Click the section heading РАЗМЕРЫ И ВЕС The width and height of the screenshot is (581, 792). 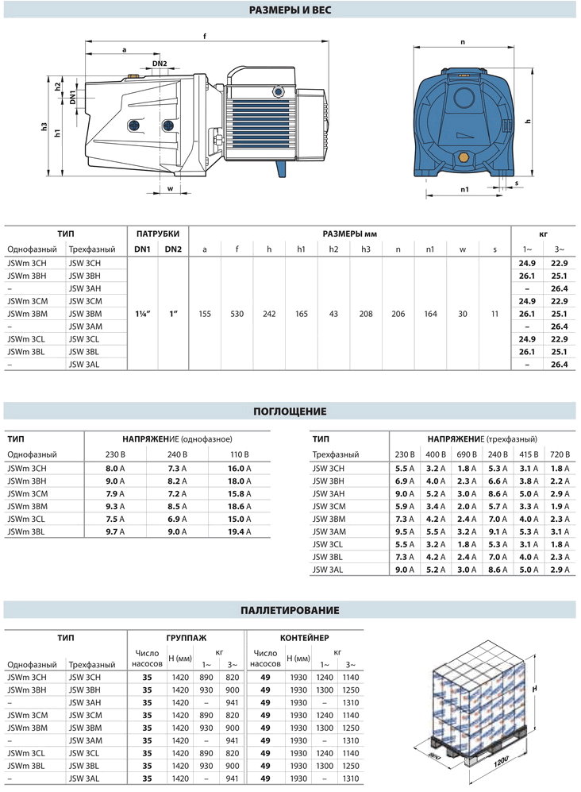pyautogui.click(x=290, y=10)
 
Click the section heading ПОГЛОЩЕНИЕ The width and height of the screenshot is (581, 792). pyautogui.click(x=290, y=411)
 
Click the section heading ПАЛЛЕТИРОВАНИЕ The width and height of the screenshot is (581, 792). pyautogui.click(x=290, y=610)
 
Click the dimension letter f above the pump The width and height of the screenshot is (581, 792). pyautogui.click(x=205, y=36)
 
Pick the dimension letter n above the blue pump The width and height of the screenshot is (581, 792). pyautogui.click(x=462, y=41)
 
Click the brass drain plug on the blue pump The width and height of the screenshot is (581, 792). pyautogui.click(x=463, y=154)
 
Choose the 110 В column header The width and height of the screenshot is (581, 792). pyautogui.click(x=239, y=454)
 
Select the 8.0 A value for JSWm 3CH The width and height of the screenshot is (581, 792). pyautogui.click(x=117, y=469)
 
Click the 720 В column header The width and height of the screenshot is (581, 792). pyautogui.click(x=561, y=454)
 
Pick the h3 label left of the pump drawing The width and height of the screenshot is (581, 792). pyautogui.click(x=45, y=128)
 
